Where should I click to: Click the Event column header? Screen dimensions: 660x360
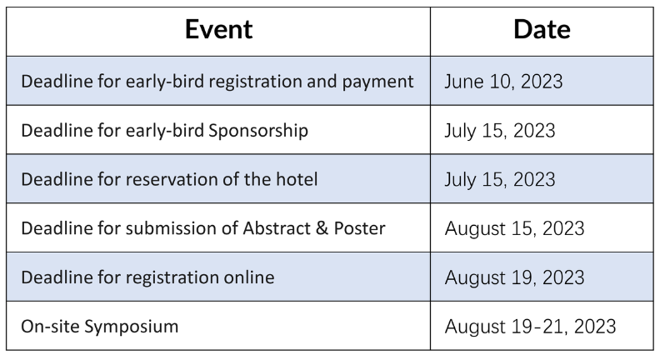click(x=219, y=29)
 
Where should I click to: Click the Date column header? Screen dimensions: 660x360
click(x=542, y=29)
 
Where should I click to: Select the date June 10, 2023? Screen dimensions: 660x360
click(x=503, y=82)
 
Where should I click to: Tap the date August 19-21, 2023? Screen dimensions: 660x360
click(x=530, y=327)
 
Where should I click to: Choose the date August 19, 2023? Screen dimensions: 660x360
click(x=514, y=277)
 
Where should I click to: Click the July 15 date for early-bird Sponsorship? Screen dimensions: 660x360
click(x=500, y=131)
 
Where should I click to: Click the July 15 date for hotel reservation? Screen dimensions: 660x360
click(x=500, y=179)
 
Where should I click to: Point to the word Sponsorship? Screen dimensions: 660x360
click(x=258, y=131)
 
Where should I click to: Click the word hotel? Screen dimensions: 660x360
click(x=297, y=179)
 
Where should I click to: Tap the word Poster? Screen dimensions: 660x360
click(x=359, y=228)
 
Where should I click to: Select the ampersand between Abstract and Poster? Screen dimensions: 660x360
click(x=322, y=228)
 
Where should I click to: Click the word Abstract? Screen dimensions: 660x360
click(x=277, y=228)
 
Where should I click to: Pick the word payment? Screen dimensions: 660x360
click(x=378, y=82)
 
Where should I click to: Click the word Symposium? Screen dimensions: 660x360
click(x=132, y=327)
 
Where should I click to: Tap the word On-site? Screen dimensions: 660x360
click(x=50, y=327)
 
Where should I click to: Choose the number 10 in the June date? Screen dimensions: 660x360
click(x=502, y=82)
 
